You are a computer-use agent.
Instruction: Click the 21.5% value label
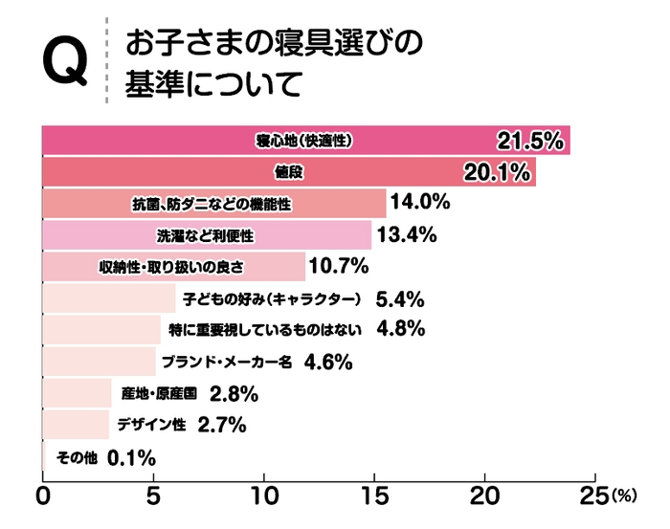(528, 142)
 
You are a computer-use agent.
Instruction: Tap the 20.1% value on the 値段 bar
(496, 173)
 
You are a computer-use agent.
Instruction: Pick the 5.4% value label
(400, 299)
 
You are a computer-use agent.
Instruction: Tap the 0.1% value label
(132, 458)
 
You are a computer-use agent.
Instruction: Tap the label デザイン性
(150, 426)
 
